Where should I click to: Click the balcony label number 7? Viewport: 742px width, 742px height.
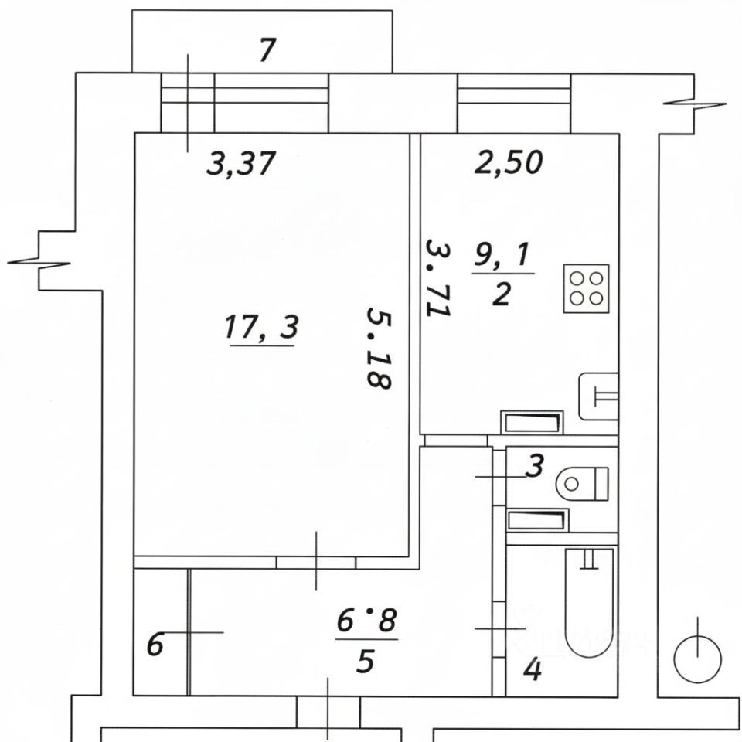267,51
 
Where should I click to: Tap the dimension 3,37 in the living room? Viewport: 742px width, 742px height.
241,164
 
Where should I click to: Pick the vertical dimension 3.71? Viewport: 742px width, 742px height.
438,277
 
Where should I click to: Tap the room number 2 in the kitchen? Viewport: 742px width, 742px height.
501,294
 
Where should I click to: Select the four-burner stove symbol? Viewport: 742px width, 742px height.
587,288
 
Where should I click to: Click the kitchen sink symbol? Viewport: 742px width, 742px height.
599,396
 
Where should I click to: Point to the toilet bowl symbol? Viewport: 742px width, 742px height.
581,484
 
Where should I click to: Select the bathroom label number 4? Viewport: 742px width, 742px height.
533,669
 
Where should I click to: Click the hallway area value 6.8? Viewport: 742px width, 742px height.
366,620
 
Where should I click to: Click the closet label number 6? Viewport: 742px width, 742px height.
155,644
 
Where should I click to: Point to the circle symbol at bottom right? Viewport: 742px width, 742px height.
697,659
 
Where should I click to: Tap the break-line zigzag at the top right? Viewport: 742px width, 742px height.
695,104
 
